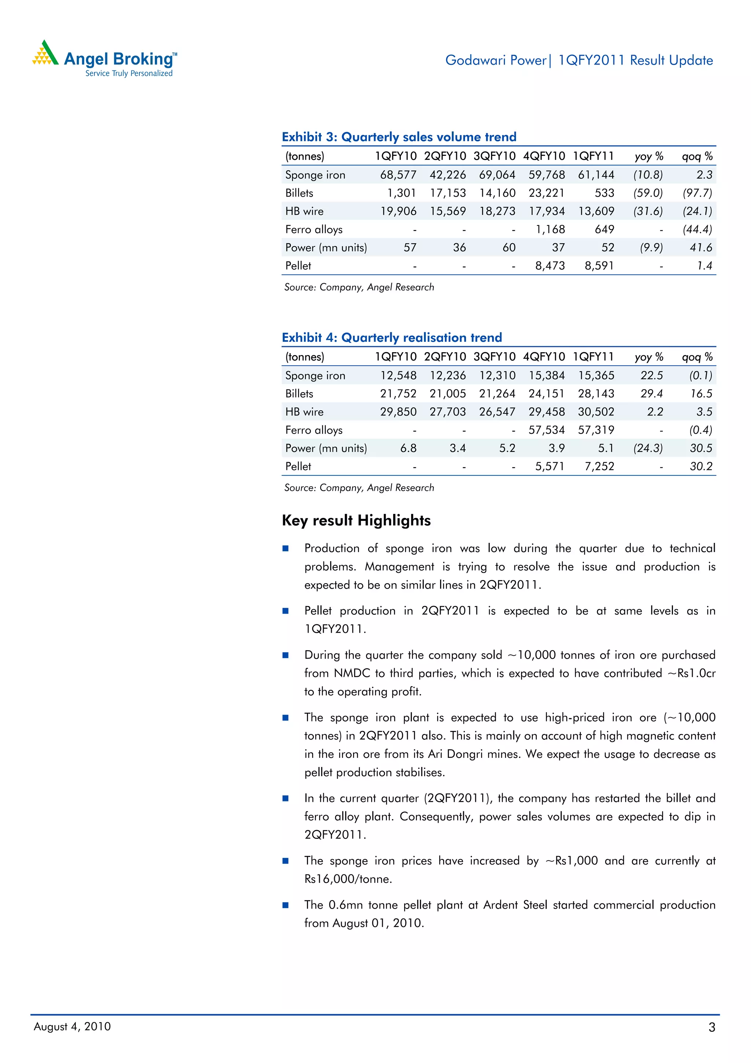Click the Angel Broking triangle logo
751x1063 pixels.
click(45, 53)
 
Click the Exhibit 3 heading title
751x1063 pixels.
click(399, 137)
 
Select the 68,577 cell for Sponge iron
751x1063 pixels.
click(398, 175)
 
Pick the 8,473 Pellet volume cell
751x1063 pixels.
click(550, 266)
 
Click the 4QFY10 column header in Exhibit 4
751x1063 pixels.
click(544, 357)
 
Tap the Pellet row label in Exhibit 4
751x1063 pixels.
click(298, 467)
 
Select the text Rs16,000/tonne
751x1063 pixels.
click(348, 879)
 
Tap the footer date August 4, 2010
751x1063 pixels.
click(72, 1026)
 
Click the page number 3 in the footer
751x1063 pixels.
click(712, 1027)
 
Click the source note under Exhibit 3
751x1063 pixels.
click(359, 288)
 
